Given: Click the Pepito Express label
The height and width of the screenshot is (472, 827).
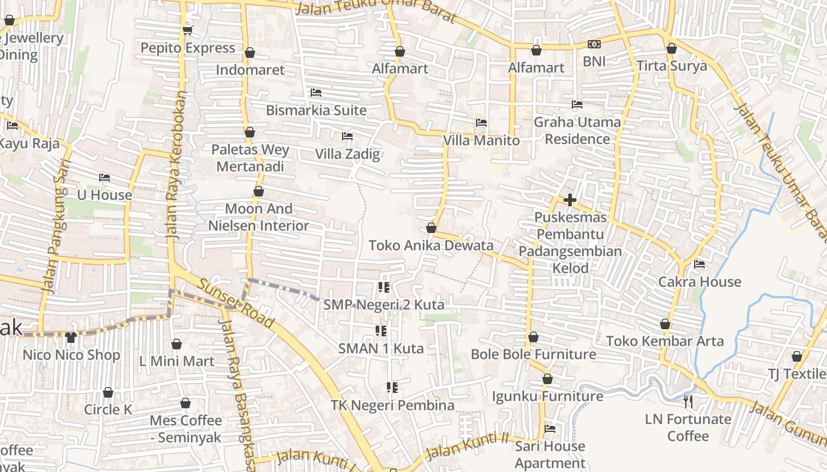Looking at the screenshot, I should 188,48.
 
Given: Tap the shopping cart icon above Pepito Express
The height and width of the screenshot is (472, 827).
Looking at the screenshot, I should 188,30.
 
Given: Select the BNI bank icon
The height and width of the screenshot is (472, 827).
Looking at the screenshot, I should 594,44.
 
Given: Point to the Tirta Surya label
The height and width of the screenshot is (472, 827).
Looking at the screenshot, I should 672,65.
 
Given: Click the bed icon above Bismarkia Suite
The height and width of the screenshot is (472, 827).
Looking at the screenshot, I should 316,93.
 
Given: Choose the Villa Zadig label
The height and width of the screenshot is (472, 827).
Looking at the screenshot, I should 347,155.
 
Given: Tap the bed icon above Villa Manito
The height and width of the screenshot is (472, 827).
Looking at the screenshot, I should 481,123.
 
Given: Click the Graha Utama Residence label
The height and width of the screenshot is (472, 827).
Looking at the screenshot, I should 577,130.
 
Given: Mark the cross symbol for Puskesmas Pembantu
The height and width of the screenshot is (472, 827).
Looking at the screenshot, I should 570,200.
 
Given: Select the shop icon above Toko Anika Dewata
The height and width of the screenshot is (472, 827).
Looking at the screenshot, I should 431,228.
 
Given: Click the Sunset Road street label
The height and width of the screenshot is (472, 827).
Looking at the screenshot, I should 236,303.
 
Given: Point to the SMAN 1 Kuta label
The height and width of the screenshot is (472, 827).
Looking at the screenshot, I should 381,349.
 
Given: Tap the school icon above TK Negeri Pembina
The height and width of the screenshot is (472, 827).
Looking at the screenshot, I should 392,388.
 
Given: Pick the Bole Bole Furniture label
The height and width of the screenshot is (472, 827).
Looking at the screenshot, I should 533,355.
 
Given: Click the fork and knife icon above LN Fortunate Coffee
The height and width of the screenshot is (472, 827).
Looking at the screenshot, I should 688,402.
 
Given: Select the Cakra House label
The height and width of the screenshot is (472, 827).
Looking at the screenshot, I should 699,282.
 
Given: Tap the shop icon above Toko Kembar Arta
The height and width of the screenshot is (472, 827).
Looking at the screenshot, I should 665,324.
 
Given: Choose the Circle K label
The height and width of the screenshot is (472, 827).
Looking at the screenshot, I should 108,410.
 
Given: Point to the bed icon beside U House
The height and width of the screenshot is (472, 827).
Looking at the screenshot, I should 105,177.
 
